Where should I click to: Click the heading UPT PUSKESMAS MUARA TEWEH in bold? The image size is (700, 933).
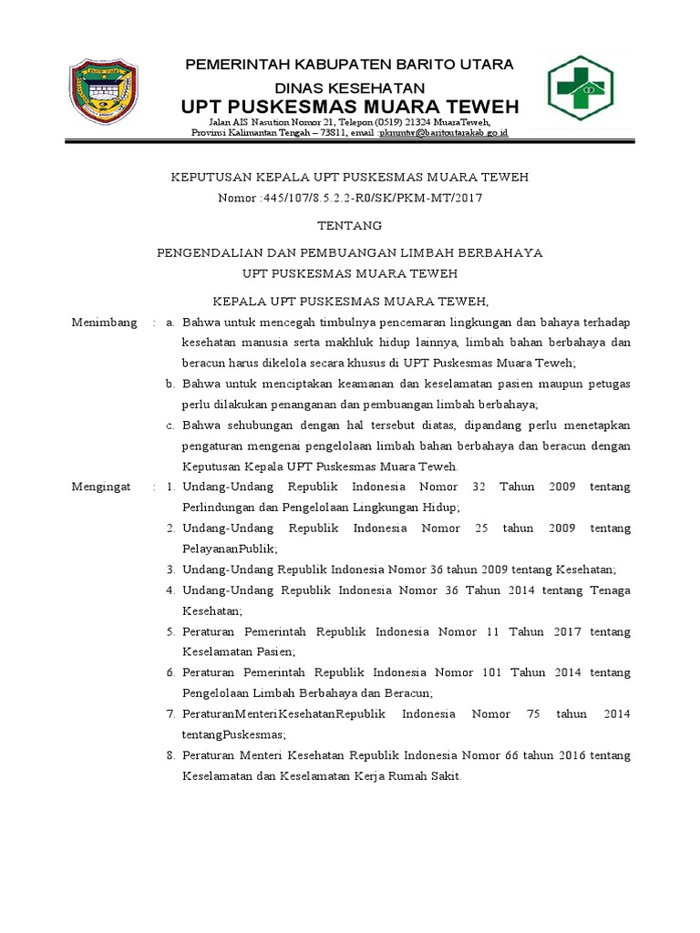[x=350, y=107]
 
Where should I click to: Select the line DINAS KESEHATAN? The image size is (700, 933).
[x=350, y=87]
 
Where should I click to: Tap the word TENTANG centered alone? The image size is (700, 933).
[x=349, y=225]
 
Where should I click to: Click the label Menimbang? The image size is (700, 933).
[x=104, y=323]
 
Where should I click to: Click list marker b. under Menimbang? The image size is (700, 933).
[x=170, y=384]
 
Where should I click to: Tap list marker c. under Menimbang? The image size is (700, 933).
[x=170, y=425]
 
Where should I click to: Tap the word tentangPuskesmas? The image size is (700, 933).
[x=233, y=734]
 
